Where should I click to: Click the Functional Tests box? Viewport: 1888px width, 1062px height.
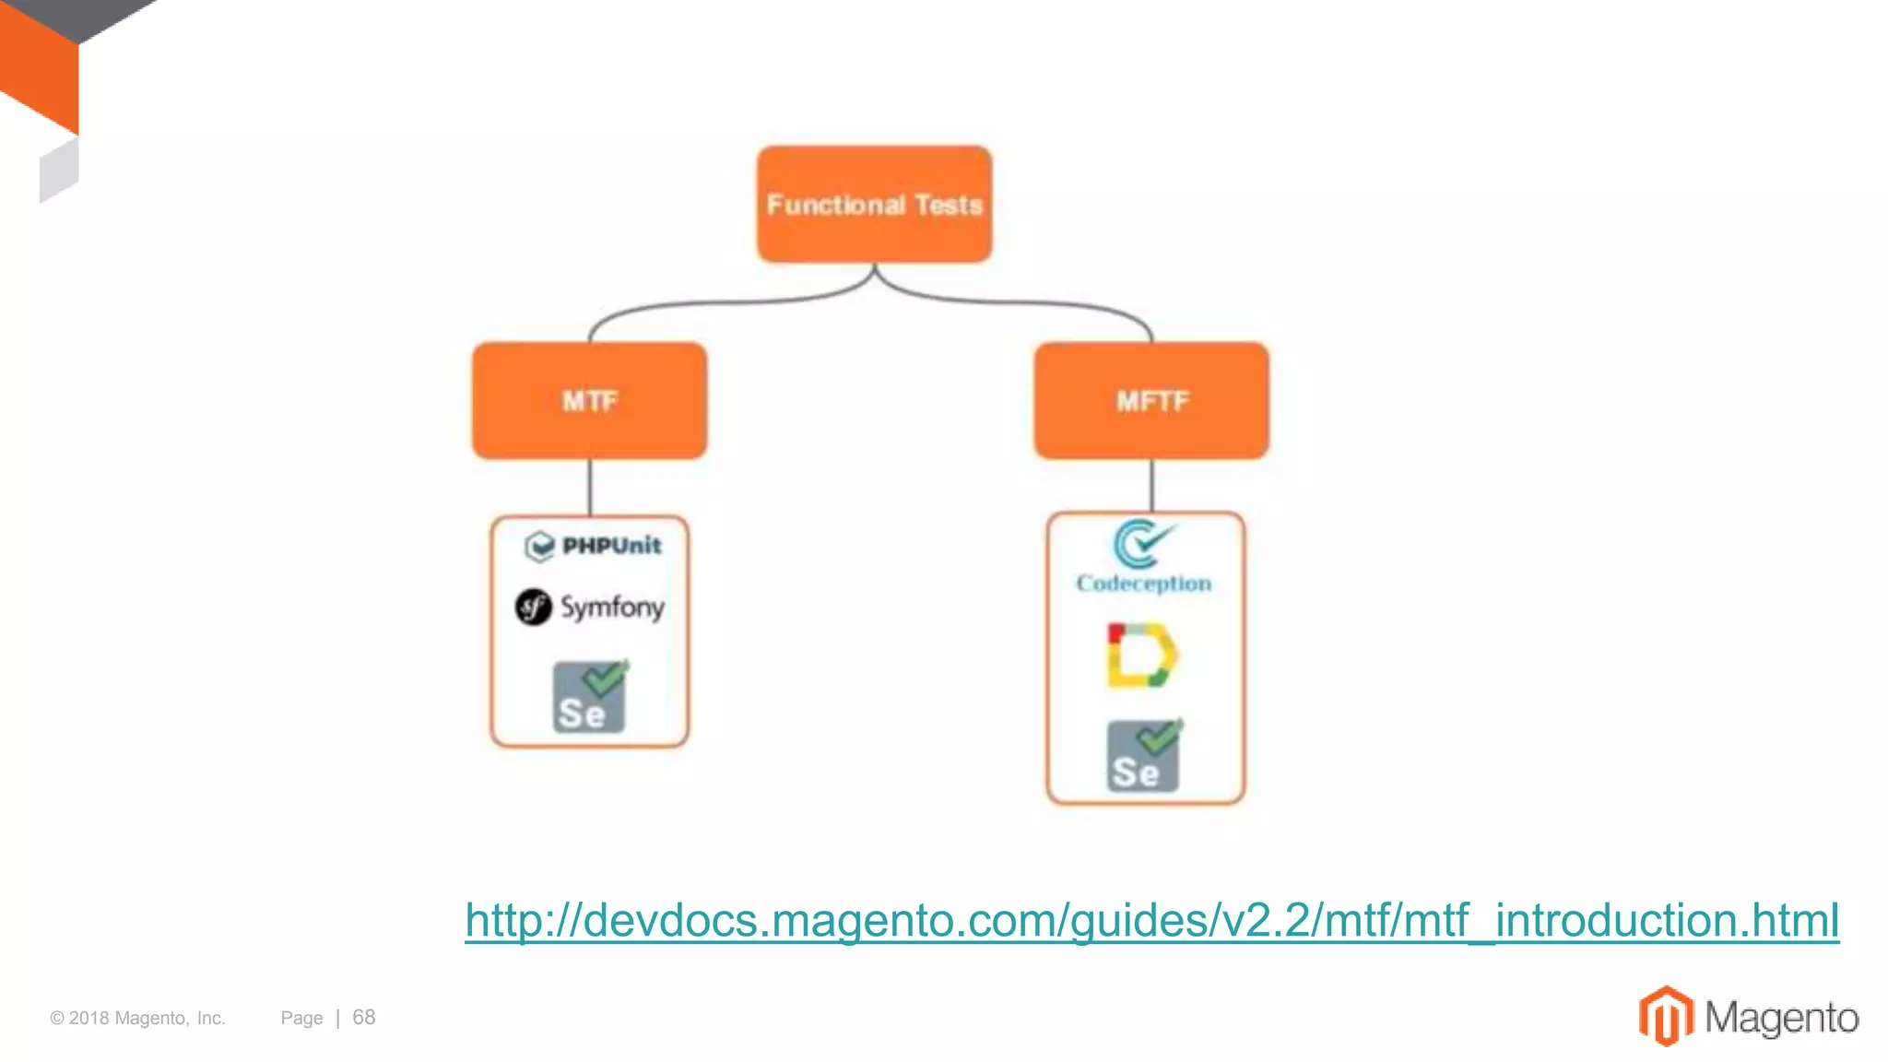874,204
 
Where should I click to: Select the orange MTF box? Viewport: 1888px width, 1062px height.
589,401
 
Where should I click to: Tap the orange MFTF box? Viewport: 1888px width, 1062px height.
1151,401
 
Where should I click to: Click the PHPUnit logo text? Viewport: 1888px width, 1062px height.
611,546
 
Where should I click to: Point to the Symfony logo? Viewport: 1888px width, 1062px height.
590,607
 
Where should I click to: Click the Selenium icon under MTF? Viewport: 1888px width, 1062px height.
590,697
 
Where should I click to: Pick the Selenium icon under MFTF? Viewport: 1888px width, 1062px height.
1143,756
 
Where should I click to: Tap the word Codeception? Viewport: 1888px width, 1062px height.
1143,584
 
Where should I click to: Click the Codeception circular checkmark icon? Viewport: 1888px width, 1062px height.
1141,543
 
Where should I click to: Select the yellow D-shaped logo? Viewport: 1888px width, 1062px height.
1141,655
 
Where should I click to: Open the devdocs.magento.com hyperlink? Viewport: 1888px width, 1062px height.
1151,920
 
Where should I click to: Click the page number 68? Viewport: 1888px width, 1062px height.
364,1017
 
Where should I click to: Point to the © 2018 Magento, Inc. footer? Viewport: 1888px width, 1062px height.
137,1018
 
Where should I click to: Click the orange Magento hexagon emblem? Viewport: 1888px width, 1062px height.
1666,1016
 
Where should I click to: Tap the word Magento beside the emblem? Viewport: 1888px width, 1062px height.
1781,1018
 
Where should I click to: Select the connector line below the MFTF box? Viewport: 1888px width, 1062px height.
1151,485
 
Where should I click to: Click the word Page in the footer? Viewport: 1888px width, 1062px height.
301,1018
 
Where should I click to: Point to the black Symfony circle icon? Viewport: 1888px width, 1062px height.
533,607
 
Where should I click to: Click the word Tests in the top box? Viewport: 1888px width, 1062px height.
949,205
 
